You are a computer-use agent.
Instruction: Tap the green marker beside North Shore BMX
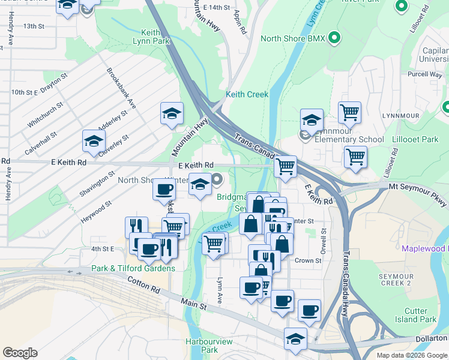point(335,38)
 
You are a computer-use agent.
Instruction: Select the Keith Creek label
point(247,94)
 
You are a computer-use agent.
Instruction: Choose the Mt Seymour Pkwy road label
point(417,187)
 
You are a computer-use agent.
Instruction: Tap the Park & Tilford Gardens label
point(133,268)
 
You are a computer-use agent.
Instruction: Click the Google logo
point(20,353)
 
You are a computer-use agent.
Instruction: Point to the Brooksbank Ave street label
point(121,88)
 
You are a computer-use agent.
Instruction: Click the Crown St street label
point(308,261)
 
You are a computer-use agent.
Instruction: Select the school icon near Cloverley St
point(93,140)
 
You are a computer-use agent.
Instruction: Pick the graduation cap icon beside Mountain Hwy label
point(172,113)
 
